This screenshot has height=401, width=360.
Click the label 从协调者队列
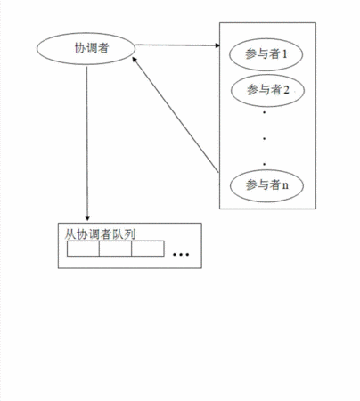click(x=100, y=234)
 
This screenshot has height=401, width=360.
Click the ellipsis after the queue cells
click(x=181, y=254)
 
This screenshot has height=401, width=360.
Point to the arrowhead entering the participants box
click(x=217, y=45)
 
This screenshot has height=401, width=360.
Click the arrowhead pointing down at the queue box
click(x=87, y=218)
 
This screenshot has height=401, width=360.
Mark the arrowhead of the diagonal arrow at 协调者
click(x=135, y=60)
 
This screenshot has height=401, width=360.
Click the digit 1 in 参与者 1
click(x=284, y=54)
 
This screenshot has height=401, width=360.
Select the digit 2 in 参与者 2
click(x=286, y=90)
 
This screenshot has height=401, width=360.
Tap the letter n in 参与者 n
click(x=285, y=186)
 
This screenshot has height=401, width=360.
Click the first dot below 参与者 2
click(x=264, y=112)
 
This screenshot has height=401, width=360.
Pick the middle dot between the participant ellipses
click(x=264, y=138)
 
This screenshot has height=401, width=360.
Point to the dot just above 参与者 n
click(x=264, y=164)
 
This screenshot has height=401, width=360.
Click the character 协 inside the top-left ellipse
click(x=80, y=48)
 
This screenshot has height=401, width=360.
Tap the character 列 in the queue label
click(x=130, y=234)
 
